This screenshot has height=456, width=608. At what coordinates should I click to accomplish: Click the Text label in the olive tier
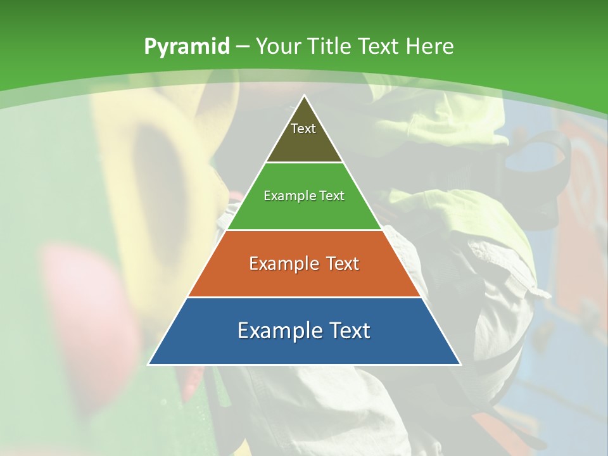coord(303,129)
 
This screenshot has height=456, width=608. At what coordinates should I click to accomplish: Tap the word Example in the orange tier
coord(282,263)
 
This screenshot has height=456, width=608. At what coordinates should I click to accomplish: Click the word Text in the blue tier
coord(348,331)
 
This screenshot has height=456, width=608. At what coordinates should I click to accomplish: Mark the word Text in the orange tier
coord(342,263)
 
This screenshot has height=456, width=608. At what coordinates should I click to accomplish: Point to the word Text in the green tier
coord(332,196)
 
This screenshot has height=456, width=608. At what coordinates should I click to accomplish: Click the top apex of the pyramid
coord(304,96)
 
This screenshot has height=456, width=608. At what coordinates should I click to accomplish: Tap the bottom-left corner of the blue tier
coord(149,364)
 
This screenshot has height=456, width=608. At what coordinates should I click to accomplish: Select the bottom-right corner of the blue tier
coord(460,364)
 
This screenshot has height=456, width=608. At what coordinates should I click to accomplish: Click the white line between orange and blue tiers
coord(304,297)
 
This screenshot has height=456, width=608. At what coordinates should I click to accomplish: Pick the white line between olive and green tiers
coord(304,163)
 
